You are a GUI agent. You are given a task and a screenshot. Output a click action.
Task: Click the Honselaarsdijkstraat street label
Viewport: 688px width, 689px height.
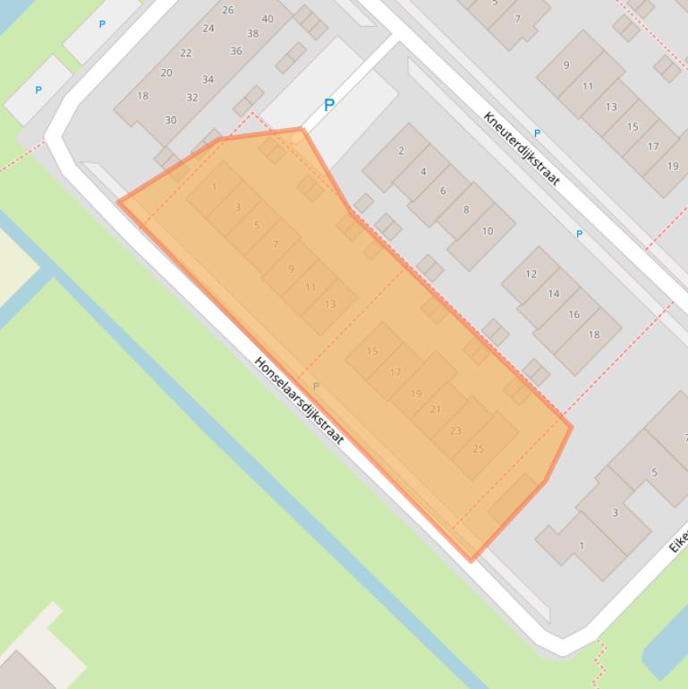299,401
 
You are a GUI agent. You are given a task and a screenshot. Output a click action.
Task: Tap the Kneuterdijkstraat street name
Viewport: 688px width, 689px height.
521,149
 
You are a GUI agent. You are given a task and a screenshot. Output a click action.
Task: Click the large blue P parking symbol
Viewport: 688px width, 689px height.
329,106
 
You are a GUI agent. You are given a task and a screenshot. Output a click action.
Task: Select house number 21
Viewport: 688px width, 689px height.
436,410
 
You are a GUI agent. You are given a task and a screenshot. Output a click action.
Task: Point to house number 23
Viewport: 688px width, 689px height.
455,430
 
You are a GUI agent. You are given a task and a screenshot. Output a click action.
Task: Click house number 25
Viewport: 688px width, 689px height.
478,449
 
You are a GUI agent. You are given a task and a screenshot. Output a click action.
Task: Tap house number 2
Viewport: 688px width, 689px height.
401,151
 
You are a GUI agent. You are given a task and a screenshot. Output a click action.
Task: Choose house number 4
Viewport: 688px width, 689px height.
423,171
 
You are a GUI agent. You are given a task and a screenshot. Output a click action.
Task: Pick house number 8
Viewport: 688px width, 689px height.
465,210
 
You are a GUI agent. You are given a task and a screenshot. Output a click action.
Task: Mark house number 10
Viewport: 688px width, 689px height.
488,231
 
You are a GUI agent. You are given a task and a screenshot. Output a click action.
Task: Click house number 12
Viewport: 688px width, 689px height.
531,274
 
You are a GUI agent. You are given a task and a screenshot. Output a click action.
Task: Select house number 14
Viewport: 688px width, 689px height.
553,293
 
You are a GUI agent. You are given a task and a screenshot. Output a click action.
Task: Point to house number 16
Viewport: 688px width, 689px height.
573,314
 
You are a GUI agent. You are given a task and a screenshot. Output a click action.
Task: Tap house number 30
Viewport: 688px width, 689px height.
170,120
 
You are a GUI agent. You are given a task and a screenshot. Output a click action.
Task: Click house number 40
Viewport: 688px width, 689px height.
268,19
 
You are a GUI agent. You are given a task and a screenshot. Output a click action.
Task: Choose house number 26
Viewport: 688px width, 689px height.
228,11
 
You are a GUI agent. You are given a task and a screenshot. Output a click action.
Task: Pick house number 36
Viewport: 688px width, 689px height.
236,51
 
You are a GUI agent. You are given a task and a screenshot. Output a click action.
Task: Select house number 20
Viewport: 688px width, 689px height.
166,73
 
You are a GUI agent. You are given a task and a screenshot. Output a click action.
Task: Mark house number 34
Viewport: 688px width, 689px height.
208,80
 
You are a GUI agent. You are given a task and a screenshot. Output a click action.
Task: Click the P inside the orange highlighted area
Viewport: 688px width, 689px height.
315,387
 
